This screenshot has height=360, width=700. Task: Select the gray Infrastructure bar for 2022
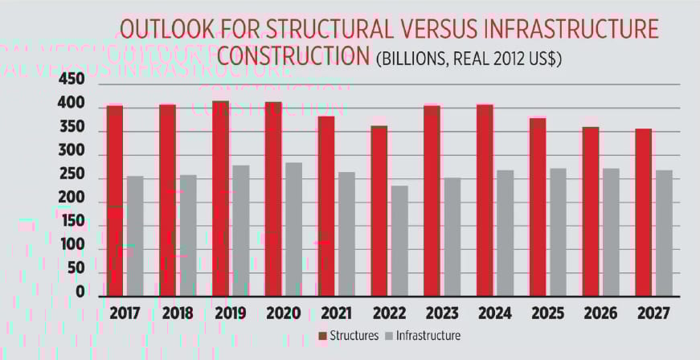pos(399,241)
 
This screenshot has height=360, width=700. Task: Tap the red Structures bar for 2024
pos(485,200)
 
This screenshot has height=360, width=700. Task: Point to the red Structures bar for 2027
pos(643,212)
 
